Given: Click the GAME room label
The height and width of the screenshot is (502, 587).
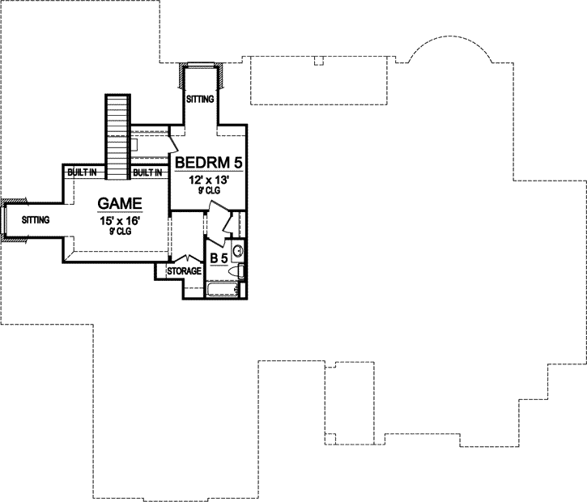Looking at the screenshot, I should click(120, 203).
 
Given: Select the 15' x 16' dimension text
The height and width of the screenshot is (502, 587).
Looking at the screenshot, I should click(120, 219).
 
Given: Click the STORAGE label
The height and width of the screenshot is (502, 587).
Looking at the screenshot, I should click(184, 271).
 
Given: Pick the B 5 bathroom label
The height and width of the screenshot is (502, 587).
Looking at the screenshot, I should click(219, 258).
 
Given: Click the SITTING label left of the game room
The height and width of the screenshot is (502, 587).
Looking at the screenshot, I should click(36, 219).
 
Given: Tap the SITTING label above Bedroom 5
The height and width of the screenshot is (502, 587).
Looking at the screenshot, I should click(200, 100).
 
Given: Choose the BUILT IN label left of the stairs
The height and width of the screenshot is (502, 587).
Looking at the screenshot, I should click(83, 172).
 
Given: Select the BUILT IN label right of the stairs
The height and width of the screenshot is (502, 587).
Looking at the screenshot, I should click(147, 172).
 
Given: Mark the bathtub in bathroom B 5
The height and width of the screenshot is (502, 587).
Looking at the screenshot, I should click(223, 289).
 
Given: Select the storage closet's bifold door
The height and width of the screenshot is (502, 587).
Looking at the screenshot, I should click(185, 259).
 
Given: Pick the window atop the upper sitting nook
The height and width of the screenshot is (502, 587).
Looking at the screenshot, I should click(201, 65).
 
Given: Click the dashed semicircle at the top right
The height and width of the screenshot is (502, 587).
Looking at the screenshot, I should click(449, 53).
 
